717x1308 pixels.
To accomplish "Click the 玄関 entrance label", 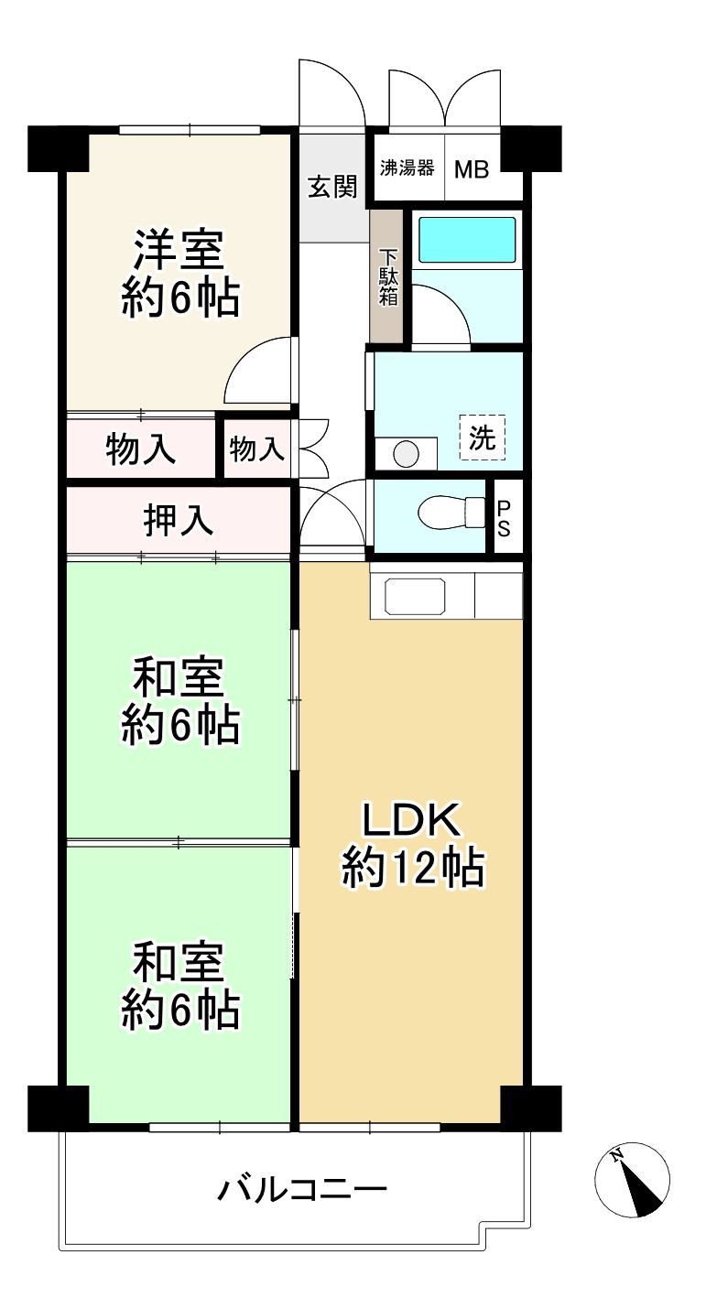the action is (332, 187).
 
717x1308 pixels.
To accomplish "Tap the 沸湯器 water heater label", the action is (407, 168).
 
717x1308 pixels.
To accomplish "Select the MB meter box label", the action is (472, 170).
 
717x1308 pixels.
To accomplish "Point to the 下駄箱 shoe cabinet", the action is (387, 276).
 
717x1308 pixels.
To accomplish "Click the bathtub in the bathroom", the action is (468, 240).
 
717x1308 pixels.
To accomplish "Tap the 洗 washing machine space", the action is (482, 437).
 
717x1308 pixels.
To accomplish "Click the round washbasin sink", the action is (406, 454).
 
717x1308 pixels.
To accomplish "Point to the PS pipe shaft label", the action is (503, 518).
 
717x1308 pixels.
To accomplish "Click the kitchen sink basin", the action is (415, 596).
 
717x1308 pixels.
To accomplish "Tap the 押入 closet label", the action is (179, 520).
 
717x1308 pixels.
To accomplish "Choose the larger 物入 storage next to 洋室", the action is (141, 449).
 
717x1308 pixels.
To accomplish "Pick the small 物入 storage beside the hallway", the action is (257, 449).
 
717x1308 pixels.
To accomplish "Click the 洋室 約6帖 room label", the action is (180, 274).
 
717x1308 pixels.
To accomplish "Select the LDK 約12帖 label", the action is (413, 845).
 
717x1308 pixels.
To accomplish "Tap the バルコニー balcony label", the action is (302, 1189).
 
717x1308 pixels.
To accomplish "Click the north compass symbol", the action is (632, 1180).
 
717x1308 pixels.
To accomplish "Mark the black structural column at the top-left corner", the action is (58, 149).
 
